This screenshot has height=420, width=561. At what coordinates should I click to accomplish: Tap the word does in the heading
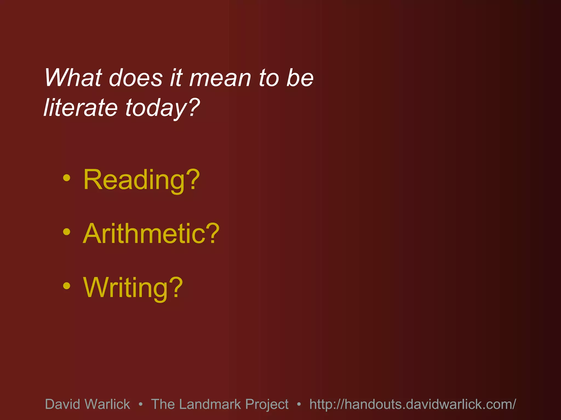click(136, 78)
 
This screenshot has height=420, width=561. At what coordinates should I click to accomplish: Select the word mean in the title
click(220, 78)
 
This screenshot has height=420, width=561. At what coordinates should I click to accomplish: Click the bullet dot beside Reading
click(67, 178)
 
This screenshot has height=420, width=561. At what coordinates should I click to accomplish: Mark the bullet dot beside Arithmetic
click(67, 232)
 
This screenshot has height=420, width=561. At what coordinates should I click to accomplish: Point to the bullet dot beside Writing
click(67, 286)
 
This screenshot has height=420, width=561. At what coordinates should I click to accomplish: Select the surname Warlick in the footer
click(107, 404)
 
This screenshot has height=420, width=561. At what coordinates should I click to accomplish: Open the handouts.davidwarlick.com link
click(413, 404)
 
